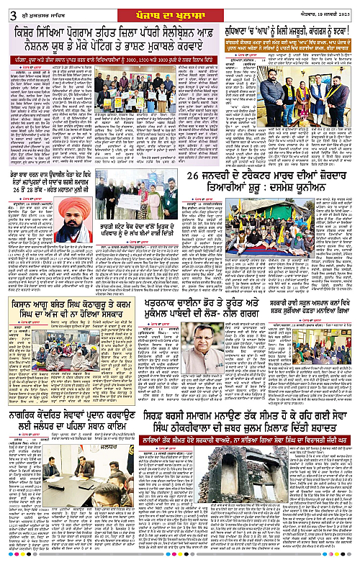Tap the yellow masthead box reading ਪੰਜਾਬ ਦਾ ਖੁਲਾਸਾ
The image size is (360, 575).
(x=179, y=7)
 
